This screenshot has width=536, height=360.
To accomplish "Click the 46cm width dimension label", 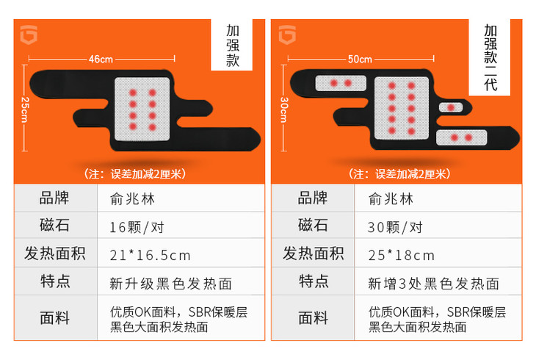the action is pos(101,60).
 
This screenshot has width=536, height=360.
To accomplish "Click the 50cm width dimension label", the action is pos(360,60).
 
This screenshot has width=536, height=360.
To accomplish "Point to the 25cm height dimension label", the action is pos(25,109).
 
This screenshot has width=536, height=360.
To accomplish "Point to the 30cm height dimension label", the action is pos(284,109).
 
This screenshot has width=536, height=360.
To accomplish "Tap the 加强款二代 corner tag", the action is pos(490,57).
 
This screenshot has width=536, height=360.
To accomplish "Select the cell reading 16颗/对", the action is pos(137,227).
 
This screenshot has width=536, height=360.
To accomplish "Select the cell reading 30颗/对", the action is pos(395,227).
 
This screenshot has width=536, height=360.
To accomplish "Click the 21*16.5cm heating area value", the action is pos(150,255).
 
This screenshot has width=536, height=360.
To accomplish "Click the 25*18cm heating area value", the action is pos(402,255).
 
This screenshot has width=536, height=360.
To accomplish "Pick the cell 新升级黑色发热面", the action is pos(171,284).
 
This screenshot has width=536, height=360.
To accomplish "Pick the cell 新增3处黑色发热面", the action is pos(433,284).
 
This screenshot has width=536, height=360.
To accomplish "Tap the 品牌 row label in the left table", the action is pos(54,198).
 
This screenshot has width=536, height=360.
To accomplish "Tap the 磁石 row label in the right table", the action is pos(313,225).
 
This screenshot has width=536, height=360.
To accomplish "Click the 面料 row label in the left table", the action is pos(54,317).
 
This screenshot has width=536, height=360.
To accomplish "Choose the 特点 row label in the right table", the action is pos(314,281).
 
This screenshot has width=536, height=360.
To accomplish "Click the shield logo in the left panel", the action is pos(29,35).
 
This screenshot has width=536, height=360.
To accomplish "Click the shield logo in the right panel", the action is pos(287,35).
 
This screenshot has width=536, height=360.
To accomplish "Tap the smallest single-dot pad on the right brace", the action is pos(451,108).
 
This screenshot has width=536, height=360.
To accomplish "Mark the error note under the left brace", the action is pos(135,174).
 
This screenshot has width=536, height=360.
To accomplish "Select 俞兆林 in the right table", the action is pos(391,199).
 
